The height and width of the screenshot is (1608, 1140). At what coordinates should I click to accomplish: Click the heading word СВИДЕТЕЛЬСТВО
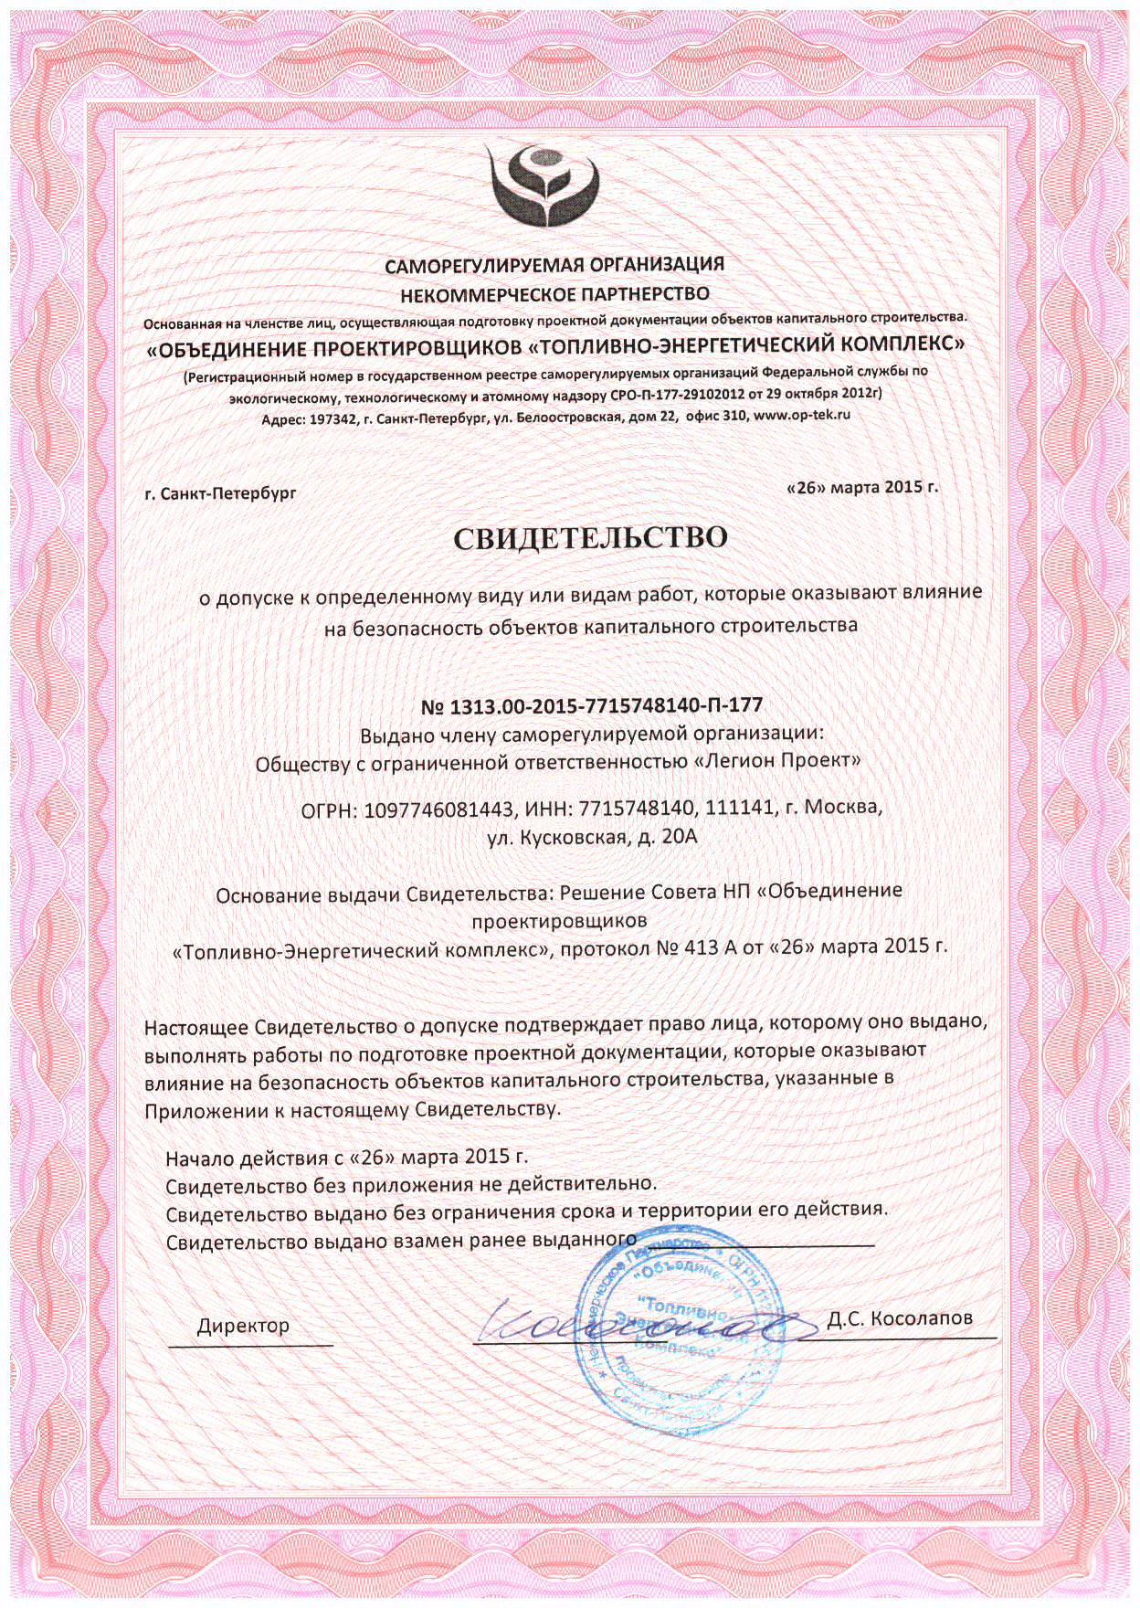[x=591, y=537]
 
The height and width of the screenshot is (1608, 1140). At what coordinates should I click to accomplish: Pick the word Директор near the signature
[x=243, y=1325]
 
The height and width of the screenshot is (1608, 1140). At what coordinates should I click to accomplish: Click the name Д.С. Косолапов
[x=899, y=1318]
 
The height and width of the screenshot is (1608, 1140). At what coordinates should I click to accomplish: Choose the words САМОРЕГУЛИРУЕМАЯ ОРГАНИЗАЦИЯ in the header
[x=554, y=266]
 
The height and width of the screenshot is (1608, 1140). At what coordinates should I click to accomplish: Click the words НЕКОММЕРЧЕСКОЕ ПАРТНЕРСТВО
[x=554, y=293]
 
